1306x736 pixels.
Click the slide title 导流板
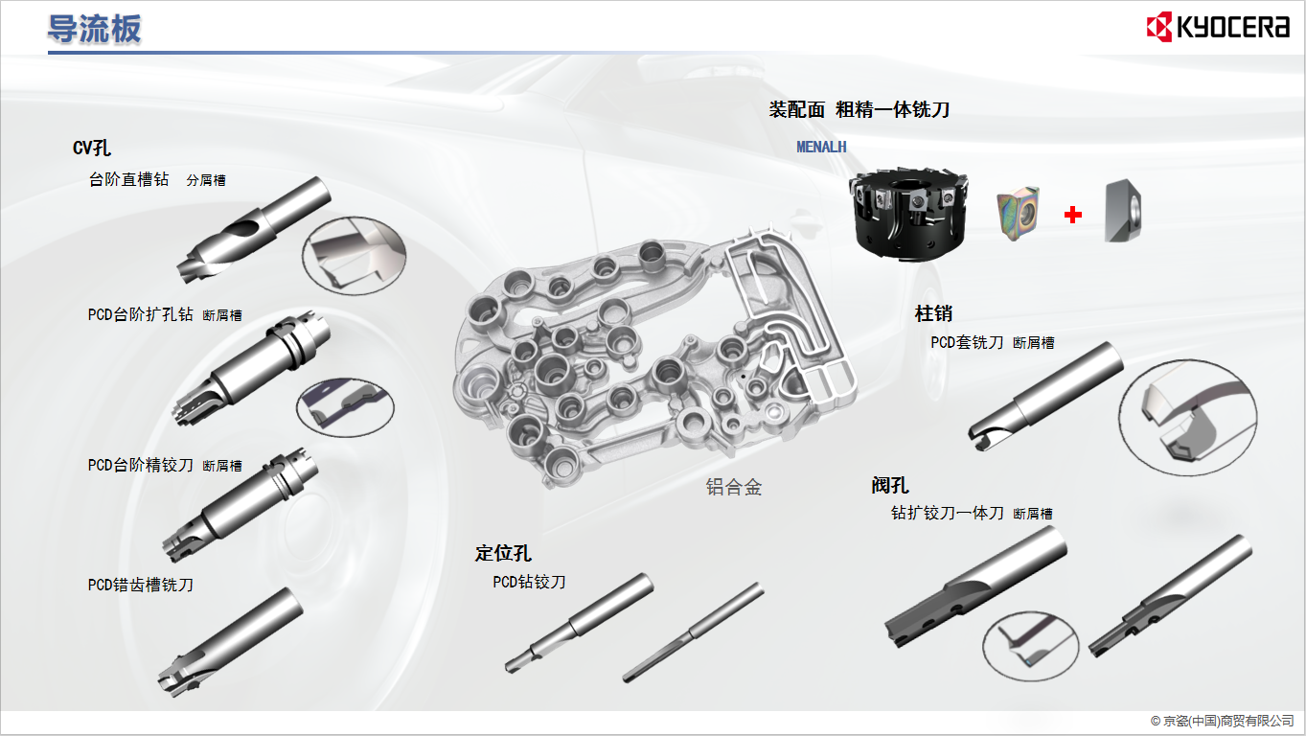coord(94,29)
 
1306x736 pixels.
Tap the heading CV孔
coord(92,148)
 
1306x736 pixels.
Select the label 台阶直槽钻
coord(128,179)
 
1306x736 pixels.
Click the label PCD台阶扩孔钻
coord(140,314)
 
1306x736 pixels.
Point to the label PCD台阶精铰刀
coord(140,465)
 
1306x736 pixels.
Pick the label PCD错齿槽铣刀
coord(140,584)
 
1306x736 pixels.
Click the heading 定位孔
coord(503,553)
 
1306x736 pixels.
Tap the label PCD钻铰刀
coord(529,582)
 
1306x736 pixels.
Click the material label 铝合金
coord(733,487)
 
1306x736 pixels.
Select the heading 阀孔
coord(890,485)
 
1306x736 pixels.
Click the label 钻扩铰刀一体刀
coord(947,513)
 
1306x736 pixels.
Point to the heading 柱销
coord(933,313)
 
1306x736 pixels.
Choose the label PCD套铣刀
coord(967,342)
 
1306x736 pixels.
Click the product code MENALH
coord(821,147)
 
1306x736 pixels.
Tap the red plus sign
coord(1073,216)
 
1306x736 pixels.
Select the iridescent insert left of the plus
coord(1017,212)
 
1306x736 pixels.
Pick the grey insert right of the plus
coord(1122,210)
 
